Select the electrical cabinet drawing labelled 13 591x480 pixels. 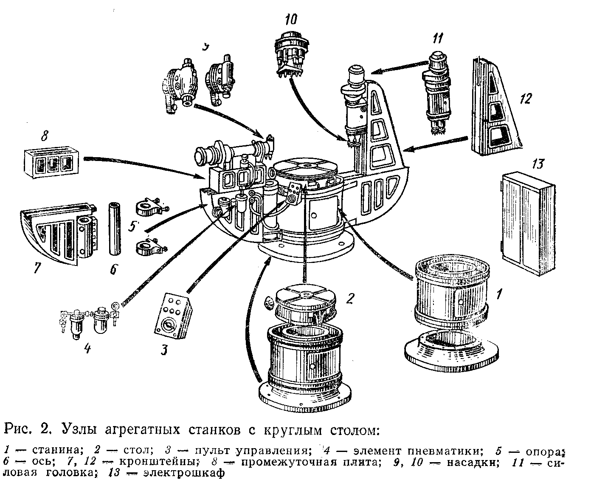click(527, 217)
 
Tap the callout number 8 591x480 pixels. click(44, 137)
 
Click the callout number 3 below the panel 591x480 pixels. click(165, 349)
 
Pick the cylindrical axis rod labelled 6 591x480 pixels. click(113, 229)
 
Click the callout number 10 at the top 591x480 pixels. click(291, 19)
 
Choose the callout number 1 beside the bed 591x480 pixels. click(500, 293)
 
